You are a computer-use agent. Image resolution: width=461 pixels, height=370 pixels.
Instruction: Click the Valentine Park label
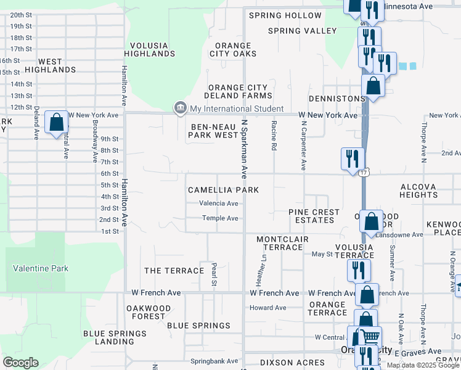point(41,268)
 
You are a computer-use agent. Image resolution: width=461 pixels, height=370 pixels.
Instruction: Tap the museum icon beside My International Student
point(180,109)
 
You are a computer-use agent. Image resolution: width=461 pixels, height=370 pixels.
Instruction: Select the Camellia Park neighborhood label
point(223,190)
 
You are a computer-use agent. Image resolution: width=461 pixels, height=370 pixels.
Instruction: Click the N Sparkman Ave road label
point(244,149)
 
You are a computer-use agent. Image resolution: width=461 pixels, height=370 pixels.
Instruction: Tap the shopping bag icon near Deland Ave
point(56,123)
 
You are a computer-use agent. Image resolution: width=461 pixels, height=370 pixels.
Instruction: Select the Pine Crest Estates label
point(314,216)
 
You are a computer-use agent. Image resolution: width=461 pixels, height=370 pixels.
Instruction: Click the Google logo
point(20,363)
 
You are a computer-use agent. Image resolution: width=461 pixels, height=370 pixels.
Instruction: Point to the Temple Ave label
point(220,218)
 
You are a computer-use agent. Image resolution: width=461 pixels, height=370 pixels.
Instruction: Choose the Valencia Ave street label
point(219,203)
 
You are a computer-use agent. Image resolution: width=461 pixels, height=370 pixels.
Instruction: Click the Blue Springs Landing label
point(109,338)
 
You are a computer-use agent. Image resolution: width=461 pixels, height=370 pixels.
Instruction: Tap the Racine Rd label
point(274,135)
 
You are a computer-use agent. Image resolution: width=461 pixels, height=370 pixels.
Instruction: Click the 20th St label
point(21,15)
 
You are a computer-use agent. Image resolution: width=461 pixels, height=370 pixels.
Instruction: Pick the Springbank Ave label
point(214,361)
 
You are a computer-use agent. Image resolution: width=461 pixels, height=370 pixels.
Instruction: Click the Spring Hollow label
point(285,15)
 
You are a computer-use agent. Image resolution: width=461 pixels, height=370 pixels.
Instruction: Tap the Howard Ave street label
point(268,308)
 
